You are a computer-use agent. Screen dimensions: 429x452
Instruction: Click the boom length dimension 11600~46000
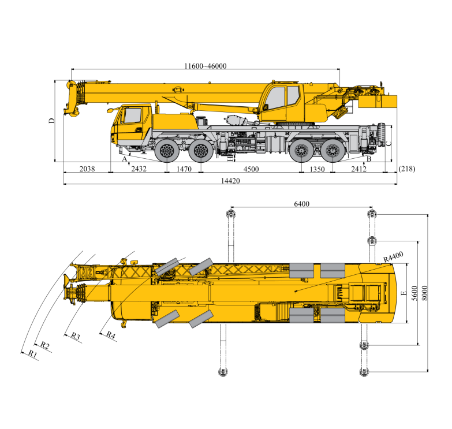point(205,66)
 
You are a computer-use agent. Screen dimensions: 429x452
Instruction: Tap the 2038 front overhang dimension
point(86,169)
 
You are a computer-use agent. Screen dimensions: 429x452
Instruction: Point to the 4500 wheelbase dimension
point(251,169)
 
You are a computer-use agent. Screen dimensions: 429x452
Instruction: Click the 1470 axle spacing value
point(184,169)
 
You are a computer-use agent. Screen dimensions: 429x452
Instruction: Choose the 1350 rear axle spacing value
point(317,169)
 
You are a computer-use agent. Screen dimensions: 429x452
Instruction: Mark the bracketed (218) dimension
point(406,169)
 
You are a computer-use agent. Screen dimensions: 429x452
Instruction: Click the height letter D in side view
point(51,121)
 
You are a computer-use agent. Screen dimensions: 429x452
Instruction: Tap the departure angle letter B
point(368,158)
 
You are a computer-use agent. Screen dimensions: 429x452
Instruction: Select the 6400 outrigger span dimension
point(302,204)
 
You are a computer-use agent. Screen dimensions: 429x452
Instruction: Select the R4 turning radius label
point(110,334)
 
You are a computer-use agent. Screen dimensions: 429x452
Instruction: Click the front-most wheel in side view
point(167,151)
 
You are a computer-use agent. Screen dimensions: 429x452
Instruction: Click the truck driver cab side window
point(133,115)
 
